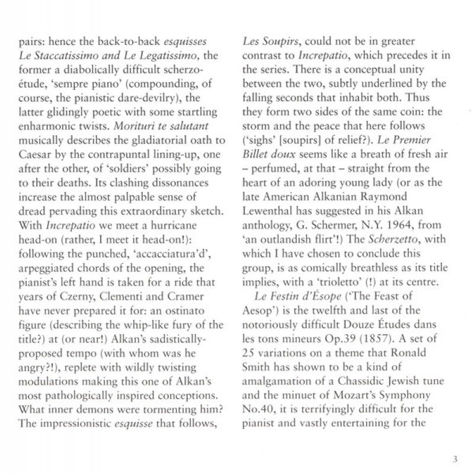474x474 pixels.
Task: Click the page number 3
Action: [x=455, y=459]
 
